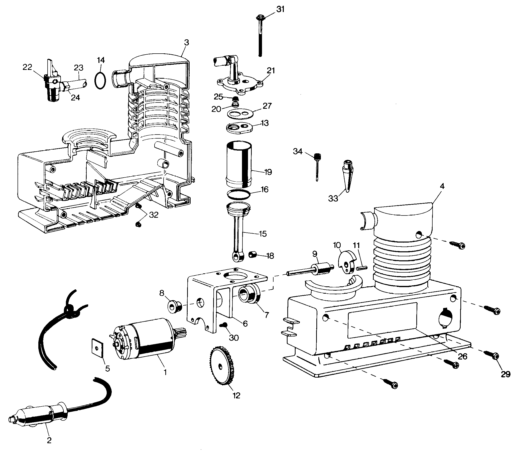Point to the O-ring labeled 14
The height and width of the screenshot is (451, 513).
pos(100,80)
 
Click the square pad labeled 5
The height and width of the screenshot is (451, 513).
pos(97,348)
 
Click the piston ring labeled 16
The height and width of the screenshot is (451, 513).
pos(239,194)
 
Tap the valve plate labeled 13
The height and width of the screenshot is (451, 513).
pos(240,128)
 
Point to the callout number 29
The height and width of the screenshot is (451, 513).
pos(505,374)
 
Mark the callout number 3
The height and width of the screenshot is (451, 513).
pos(186,42)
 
